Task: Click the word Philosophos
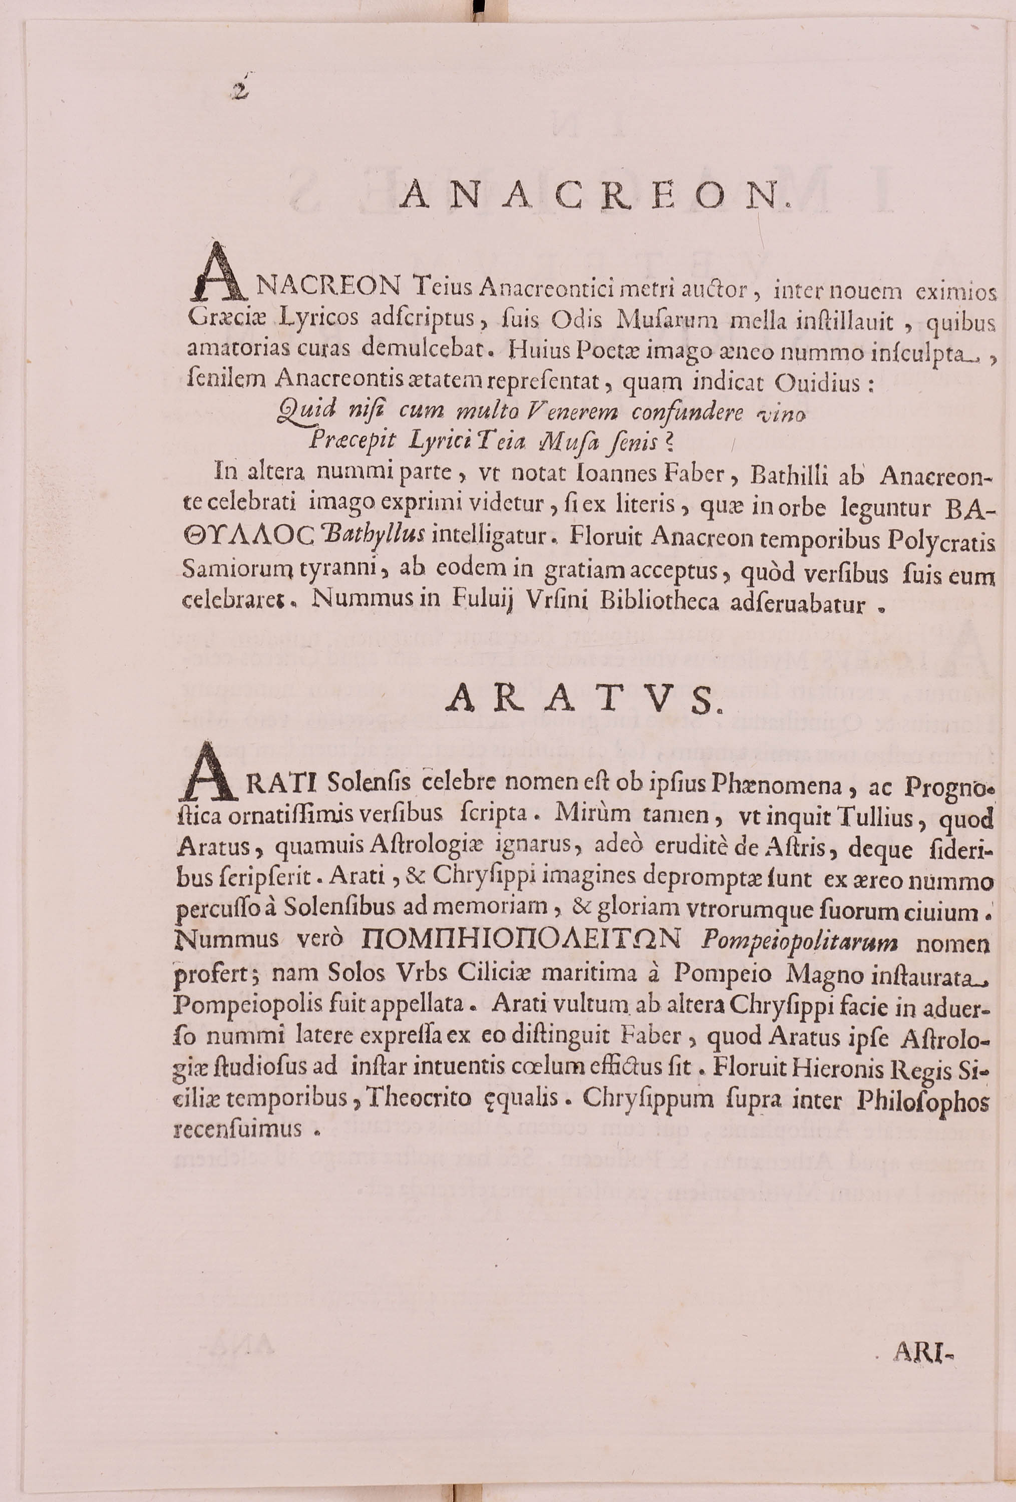coord(922,1100)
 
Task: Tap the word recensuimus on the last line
coord(238,1129)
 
